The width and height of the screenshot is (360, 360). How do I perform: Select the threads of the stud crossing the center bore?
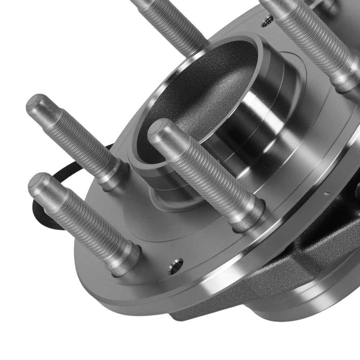(x=202, y=169)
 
